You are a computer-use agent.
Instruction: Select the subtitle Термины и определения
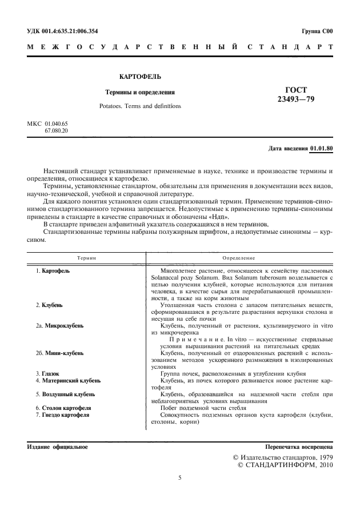(140, 91)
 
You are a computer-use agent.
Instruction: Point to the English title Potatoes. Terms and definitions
(140, 106)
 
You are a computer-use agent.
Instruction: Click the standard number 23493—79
(295, 99)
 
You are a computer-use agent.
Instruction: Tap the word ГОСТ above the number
(295, 89)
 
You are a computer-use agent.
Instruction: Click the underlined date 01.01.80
(321, 149)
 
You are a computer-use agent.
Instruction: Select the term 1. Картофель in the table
(53, 270)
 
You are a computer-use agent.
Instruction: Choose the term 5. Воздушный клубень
(63, 394)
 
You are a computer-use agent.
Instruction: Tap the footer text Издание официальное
(57, 447)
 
